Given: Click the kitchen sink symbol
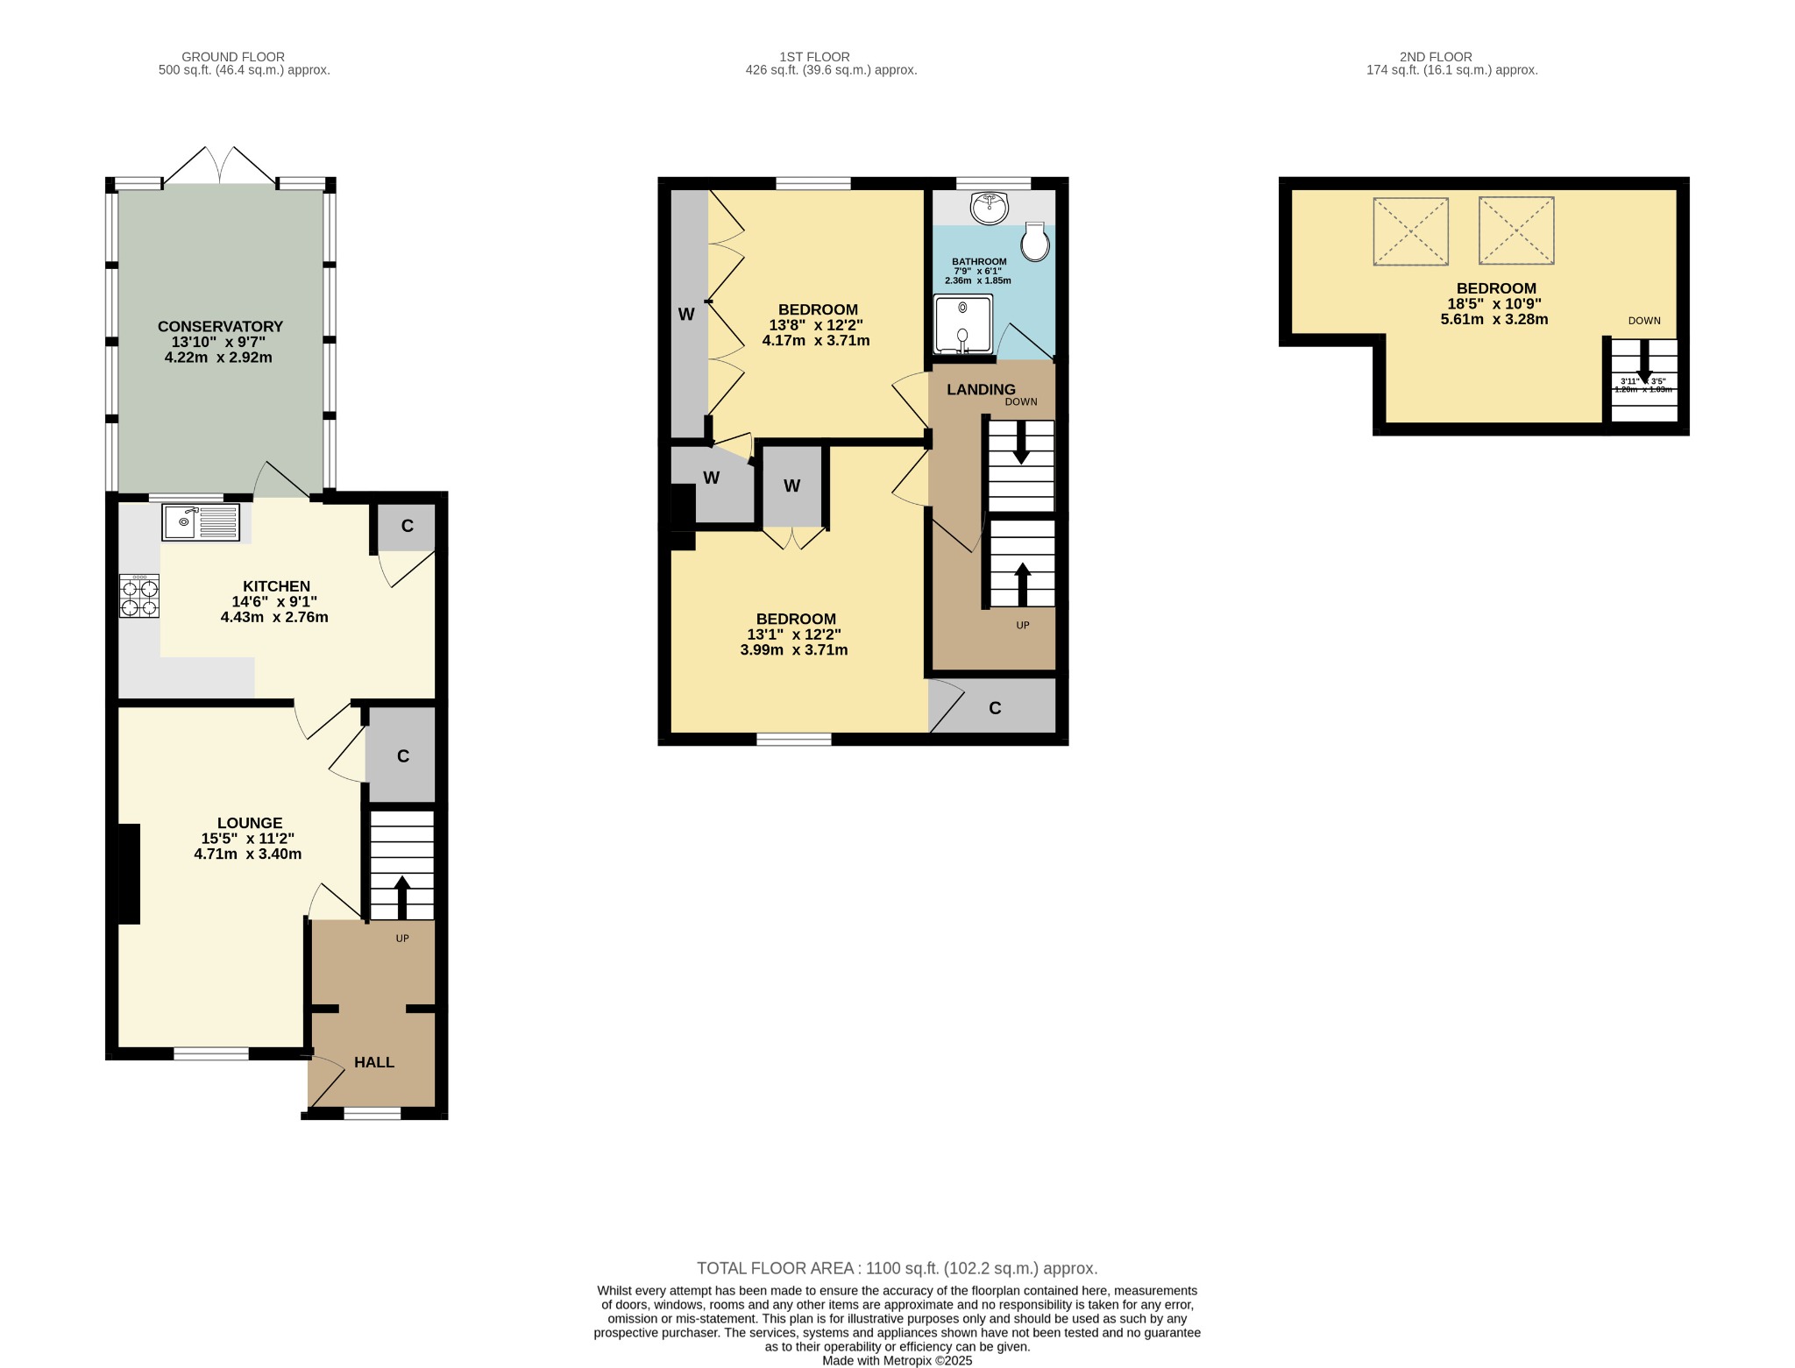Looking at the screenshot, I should click(x=200, y=522).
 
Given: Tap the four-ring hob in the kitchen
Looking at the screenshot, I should click(x=139, y=596).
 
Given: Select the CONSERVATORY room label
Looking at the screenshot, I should click(x=220, y=326).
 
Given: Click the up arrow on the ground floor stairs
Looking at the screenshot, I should click(x=401, y=896).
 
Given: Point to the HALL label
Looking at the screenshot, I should click(x=374, y=1062).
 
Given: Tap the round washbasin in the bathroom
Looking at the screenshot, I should click(x=990, y=208).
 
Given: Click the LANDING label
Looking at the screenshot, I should click(x=981, y=389).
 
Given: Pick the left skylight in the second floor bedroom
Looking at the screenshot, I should click(x=1410, y=231).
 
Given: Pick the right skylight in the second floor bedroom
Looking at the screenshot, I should click(x=1516, y=230).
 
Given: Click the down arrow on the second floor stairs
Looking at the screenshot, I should click(x=1644, y=361).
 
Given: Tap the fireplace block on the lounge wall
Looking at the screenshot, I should click(x=128, y=873).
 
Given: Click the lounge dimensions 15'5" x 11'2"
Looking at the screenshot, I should click(x=248, y=839).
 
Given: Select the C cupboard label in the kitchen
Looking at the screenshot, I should click(x=407, y=526).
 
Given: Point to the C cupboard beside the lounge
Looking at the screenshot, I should click(x=402, y=755).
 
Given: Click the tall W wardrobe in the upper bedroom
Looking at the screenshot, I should click(x=687, y=314).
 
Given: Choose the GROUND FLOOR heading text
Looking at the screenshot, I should click(x=232, y=57).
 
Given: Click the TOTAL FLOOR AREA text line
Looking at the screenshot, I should click(x=897, y=1268).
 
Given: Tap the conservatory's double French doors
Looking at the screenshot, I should click(x=220, y=167).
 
